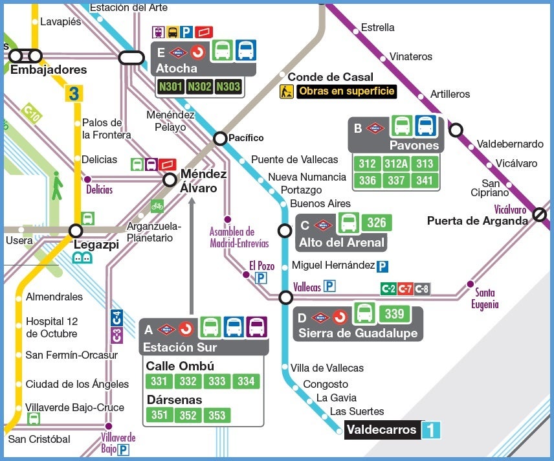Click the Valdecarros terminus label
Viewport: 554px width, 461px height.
pos(382,430)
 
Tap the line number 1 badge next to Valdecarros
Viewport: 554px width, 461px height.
pos(431,430)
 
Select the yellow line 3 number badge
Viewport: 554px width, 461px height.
pos(74,93)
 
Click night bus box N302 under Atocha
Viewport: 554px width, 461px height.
pos(199,86)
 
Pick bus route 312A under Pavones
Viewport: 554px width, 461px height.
pos(396,164)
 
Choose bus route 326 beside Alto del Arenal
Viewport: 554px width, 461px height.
pos(376,223)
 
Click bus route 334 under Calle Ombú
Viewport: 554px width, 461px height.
pos(246,381)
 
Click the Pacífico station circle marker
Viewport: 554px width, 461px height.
pos(220,138)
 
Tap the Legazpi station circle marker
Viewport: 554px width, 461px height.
pos(76,231)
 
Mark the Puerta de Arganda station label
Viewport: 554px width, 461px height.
pos(477,221)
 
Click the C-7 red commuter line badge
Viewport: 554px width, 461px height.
pos(405,289)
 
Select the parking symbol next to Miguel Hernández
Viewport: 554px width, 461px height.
pos(382,266)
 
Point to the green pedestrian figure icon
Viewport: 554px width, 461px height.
pos(58,185)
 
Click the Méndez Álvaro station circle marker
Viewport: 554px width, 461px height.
pos(170,180)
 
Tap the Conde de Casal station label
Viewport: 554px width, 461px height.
pos(330,77)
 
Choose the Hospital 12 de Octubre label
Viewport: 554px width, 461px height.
pos(51,328)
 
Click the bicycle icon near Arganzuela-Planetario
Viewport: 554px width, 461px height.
pos(157,205)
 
